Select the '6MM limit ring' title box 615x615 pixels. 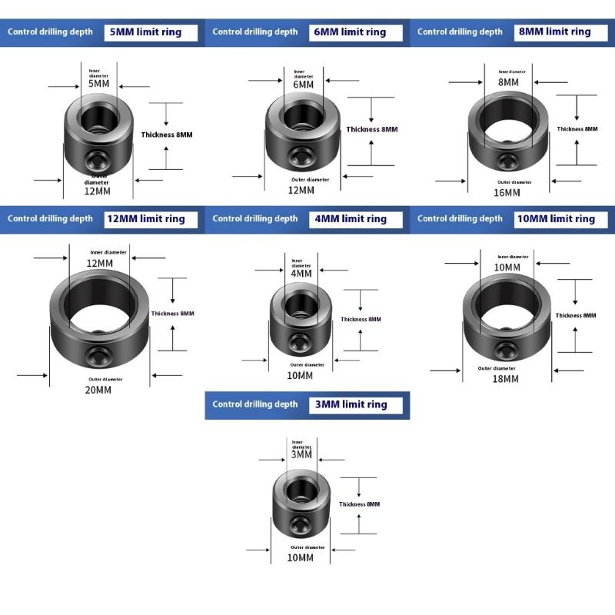(357, 32)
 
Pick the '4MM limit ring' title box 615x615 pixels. (357, 219)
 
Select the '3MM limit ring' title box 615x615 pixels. (357, 404)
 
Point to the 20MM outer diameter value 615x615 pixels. (98, 390)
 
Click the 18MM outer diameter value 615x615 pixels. (506, 379)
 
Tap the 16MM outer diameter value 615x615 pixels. (507, 192)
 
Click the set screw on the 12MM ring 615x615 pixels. (98, 354)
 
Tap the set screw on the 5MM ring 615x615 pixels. (97, 161)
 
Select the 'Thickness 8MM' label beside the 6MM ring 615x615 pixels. (372, 129)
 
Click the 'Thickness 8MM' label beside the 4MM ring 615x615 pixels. (361, 319)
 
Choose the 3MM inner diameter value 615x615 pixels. (301, 454)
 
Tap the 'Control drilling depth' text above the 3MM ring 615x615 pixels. (254, 404)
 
